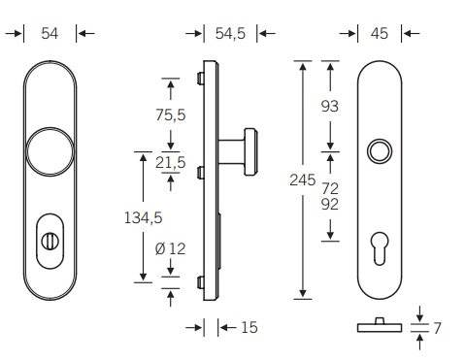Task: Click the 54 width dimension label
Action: pos(50,33)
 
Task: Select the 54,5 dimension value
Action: pos(230,33)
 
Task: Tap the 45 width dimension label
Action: pos(380,33)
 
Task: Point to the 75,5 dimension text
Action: pos(171,115)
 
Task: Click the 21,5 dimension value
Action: pos(171,162)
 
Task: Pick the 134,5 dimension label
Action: pos(143,217)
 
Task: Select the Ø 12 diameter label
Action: pos(170,248)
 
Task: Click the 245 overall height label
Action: pos(303,180)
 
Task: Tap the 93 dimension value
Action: pos(330,106)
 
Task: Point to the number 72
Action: pos(330,188)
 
